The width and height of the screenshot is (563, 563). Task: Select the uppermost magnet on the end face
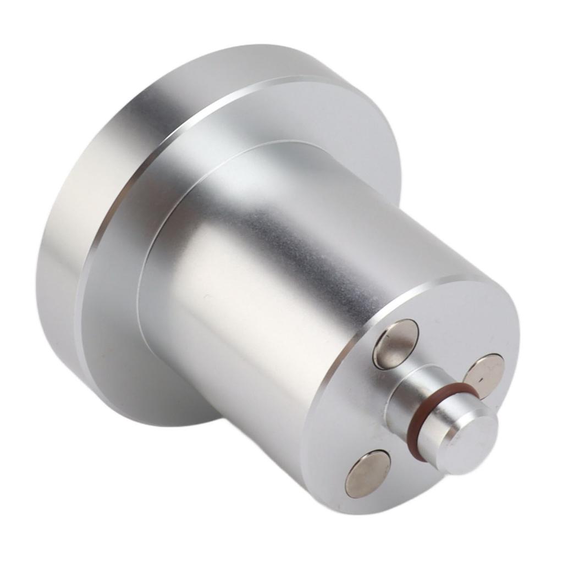point(395,344)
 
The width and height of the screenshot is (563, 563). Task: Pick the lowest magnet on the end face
point(368,473)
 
